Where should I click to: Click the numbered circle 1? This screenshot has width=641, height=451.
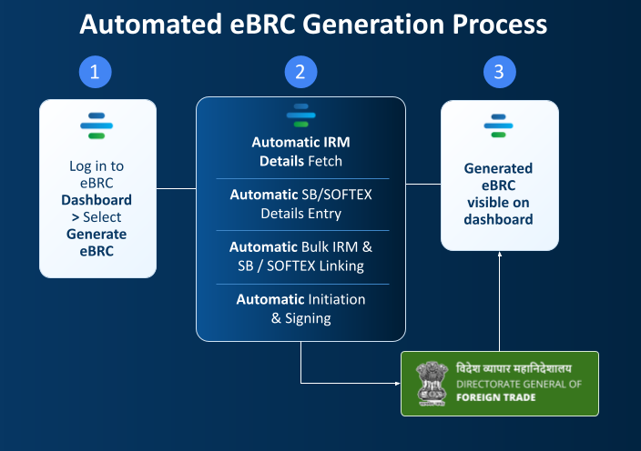(x=95, y=73)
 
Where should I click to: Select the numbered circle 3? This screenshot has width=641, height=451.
(x=499, y=73)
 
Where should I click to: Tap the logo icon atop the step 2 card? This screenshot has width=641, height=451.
(x=300, y=116)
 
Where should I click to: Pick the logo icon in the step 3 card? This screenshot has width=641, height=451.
(x=498, y=125)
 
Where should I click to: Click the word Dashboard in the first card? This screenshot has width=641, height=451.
(x=97, y=200)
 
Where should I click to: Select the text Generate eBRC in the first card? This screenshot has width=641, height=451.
(x=97, y=242)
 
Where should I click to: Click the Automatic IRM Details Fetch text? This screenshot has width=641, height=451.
(x=300, y=152)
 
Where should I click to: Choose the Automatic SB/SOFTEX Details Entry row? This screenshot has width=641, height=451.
(x=300, y=204)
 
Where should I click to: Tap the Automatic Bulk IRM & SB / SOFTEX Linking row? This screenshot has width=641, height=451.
(x=300, y=256)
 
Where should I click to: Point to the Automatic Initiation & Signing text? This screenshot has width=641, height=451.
(x=300, y=308)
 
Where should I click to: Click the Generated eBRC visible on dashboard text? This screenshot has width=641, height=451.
(x=498, y=194)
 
